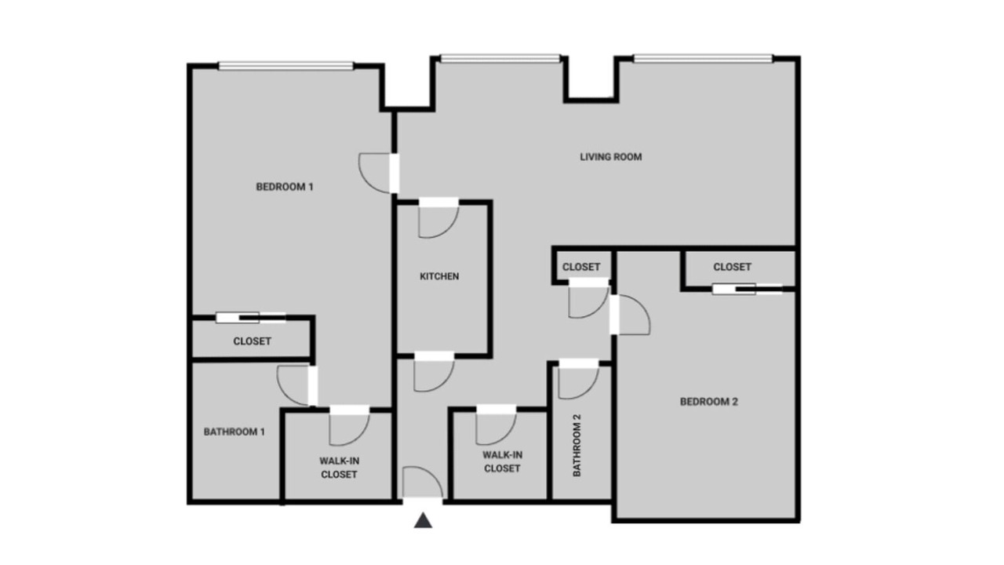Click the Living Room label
click(x=611, y=157)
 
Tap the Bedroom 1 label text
click(x=285, y=187)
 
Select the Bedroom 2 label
click(x=708, y=402)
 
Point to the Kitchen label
click(x=439, y=276)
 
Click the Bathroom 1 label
click(x=234, y=432)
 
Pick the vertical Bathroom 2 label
click(x=577, y=445)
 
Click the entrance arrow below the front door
click(x=423, y=520)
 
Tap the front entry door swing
click(x=423, y=483)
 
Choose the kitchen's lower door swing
click(x=434, y=372)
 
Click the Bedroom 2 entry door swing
click(x=630, y=315)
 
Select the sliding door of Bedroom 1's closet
click(x=250, y=318)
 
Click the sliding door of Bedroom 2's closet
click(x=748, y=290)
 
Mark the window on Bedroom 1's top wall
click(x=286, y=66)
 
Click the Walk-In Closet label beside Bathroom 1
click(x=340, y=468)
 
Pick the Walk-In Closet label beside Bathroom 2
click(x=502, y=462)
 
